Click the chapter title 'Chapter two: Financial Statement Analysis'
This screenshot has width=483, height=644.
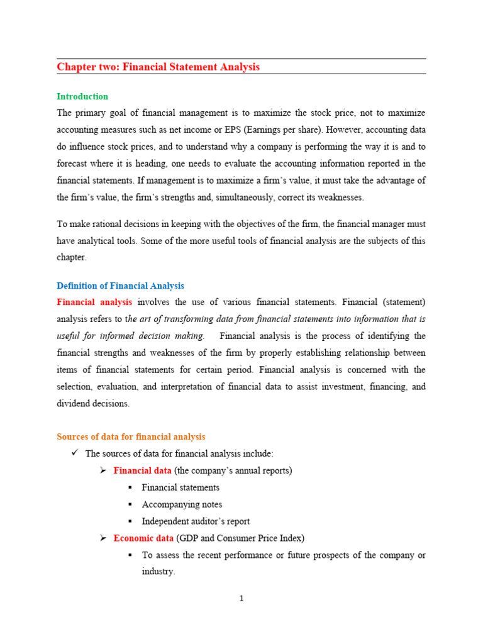pos(158,67)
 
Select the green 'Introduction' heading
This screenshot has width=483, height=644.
pos(82,96)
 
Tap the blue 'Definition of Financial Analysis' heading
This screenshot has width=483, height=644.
pos(120,286)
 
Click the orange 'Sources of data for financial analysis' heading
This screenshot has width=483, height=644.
pos(131,436)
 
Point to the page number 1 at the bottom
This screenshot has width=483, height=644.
pos(241,599)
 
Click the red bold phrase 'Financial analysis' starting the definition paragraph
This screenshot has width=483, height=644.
pos(94,302)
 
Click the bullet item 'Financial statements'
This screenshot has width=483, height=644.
pos(180,487)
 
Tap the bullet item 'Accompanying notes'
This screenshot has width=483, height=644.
pos(182,504)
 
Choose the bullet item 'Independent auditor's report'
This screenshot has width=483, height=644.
pos(196,521)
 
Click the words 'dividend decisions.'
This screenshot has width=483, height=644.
pos(93,404)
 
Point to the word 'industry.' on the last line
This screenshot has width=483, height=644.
pos(158,572)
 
